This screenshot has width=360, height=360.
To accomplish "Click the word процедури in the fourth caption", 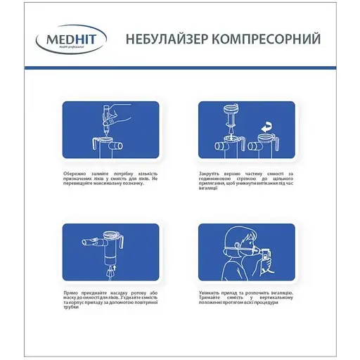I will pos(289,304).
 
